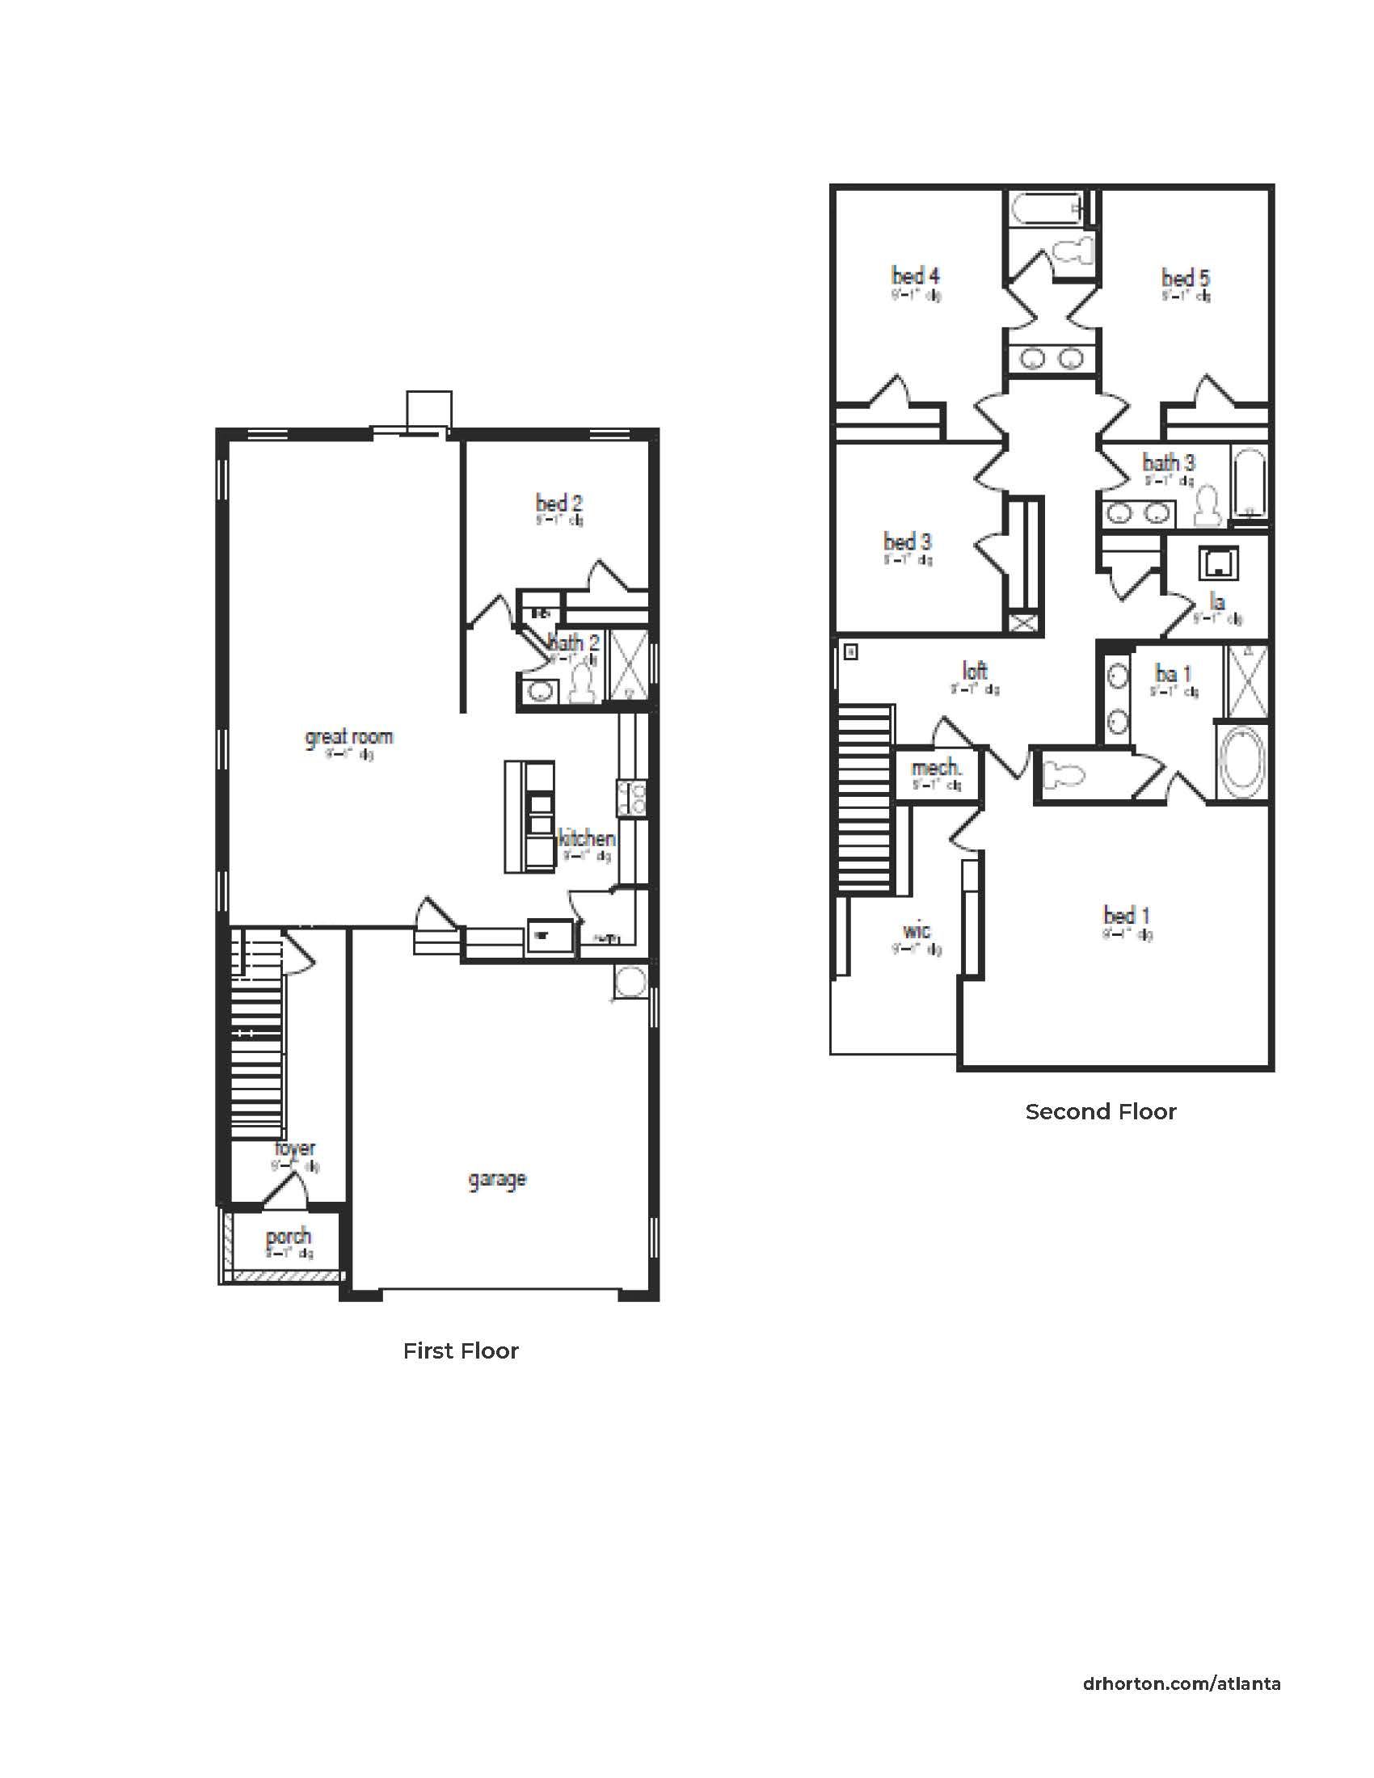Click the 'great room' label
click(348, 737)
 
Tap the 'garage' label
click(497, 1180)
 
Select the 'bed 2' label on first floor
click(558, 503)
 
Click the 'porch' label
click(289, 1237)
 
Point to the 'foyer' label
click(295, 1148)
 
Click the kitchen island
click(530, 816)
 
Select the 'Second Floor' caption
click(1101, 1112)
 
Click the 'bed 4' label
click(916, 275)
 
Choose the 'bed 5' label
click(1185, 277)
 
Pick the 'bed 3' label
click(908, 541)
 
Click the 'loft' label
click(975, 671)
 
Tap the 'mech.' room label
click(936, 768)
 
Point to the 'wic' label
click(917, 930)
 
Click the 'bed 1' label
click(1127, 915)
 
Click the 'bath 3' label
click(1168, 462)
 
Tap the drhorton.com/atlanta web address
click(1181, 1683)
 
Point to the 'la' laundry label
click(1217, 601)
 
